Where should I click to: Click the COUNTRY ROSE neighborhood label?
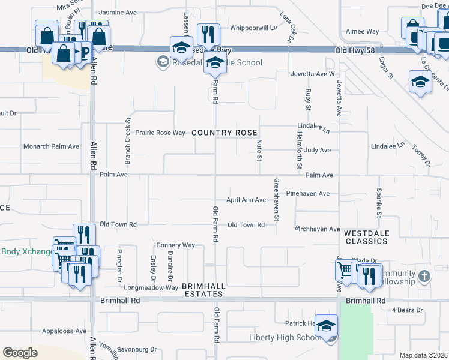click(x=224, y=133)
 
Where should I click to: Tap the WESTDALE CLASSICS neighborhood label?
click(x=366, y=236)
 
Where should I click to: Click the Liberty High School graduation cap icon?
click(x=326, y=326)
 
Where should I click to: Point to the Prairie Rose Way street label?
click(x=160, y=133)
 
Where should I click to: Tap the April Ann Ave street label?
click(x=246, y=200)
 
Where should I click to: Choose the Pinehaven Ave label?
click(x=308, y=194)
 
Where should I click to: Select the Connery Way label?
click(x=176, y=245)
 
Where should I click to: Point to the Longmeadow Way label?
click(x=158, y=287)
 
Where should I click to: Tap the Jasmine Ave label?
click(x=119, y=12)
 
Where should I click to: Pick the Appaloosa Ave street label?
click(x=64, y=331)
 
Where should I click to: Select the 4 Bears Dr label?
click(x=408, y=310)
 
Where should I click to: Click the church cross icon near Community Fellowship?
click(x=424, y=277)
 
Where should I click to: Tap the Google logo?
click(x=20, y=353)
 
